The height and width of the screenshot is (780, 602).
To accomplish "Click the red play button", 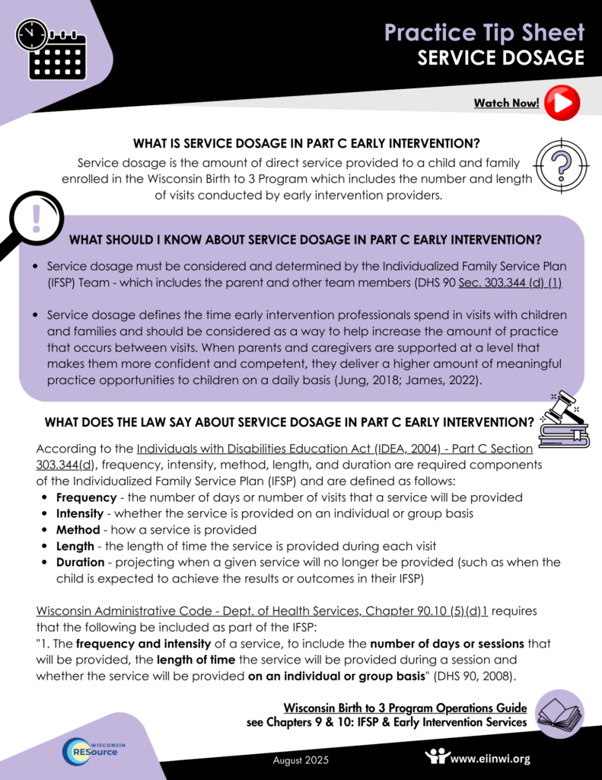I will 562,102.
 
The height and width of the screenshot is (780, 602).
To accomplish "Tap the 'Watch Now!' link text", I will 506,103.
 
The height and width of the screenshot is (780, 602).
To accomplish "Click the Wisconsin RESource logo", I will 94,750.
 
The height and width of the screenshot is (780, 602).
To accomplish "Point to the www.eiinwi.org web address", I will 490,758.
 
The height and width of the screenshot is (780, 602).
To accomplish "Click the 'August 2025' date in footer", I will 301,759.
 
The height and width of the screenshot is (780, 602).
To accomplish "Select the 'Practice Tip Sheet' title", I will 484,32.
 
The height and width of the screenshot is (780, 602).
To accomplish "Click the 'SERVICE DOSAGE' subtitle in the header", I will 501,58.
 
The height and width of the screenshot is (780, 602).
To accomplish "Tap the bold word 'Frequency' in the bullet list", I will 86,497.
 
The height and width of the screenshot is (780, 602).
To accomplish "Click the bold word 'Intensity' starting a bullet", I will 79,513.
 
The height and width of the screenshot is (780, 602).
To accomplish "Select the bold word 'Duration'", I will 80,562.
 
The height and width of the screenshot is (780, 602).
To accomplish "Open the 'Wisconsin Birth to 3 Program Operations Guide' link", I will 405,708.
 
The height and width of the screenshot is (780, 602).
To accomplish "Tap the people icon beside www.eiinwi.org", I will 438,756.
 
